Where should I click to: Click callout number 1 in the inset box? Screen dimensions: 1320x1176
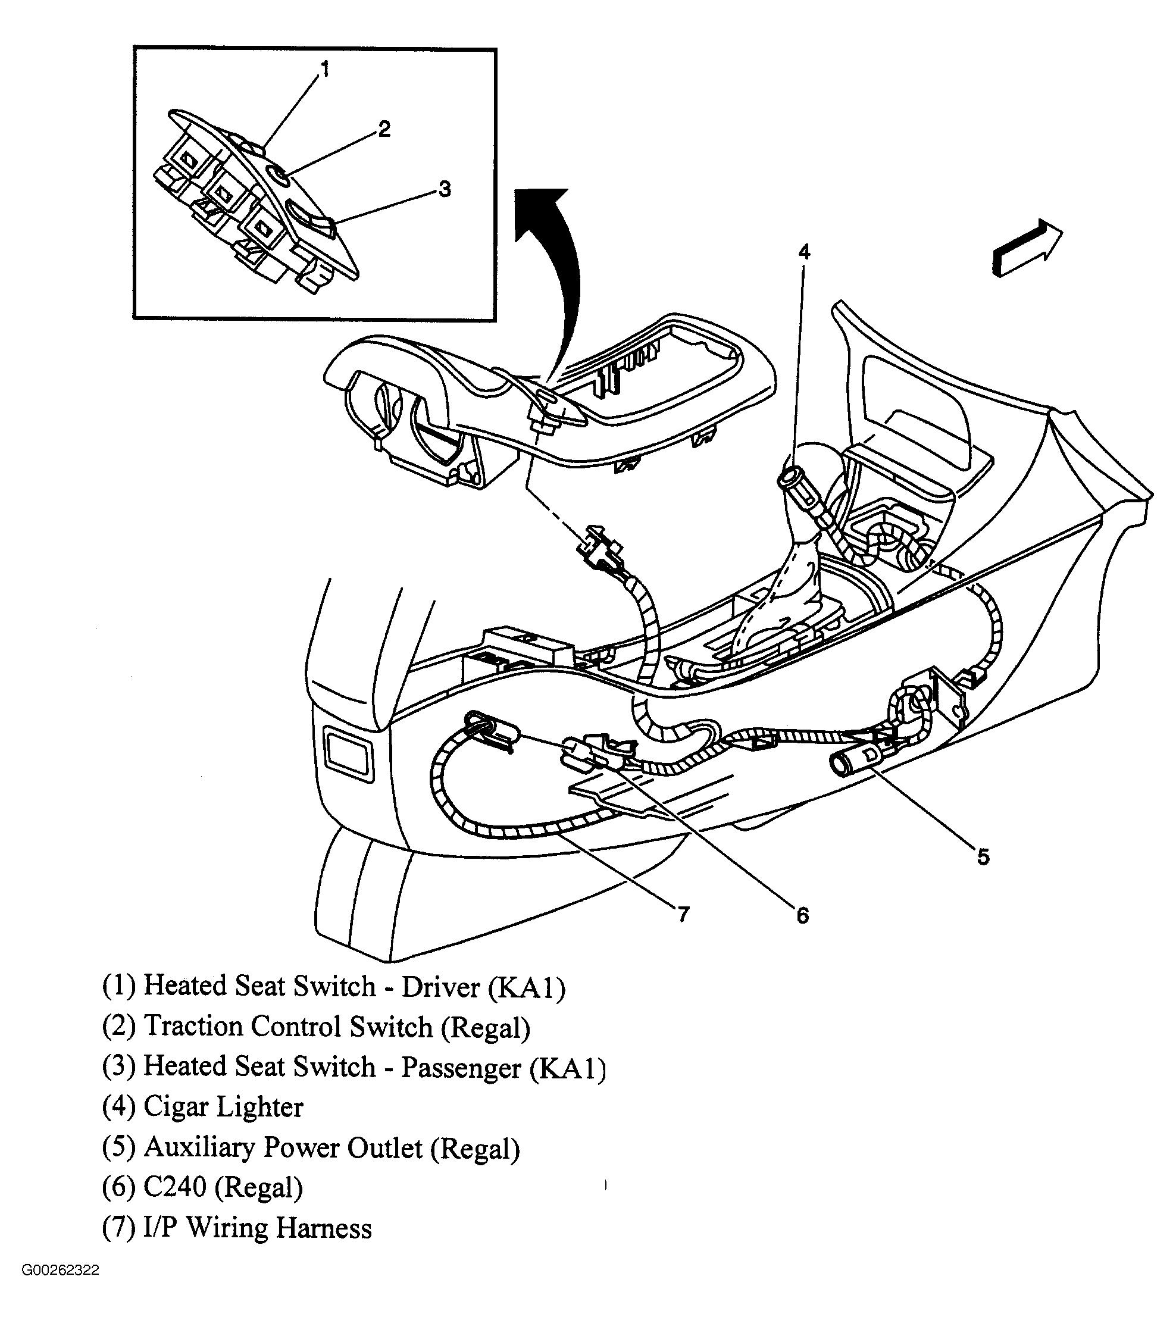pos(325,69)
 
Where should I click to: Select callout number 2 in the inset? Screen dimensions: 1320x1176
pos(384,129)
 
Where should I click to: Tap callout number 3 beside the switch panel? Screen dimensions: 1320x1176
pos(445,189)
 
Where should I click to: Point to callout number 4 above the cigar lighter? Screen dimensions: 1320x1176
pos(804,252)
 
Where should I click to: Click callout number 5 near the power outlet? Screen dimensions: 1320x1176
pos(982,858)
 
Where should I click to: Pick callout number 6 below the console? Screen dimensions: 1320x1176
pos(802,915)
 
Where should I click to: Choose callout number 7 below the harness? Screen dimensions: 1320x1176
pos(683,914)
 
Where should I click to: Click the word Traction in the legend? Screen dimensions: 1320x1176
pos(192,1027)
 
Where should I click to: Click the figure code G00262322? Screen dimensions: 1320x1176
pos(60,1288)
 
